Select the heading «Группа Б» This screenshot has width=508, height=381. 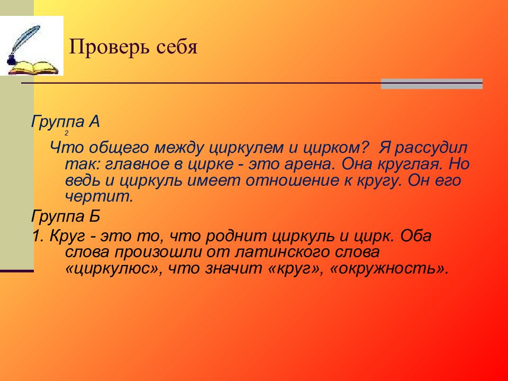click(65, 216)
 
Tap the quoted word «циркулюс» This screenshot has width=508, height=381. click(114, 268)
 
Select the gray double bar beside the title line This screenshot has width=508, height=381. click(432, 84)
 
